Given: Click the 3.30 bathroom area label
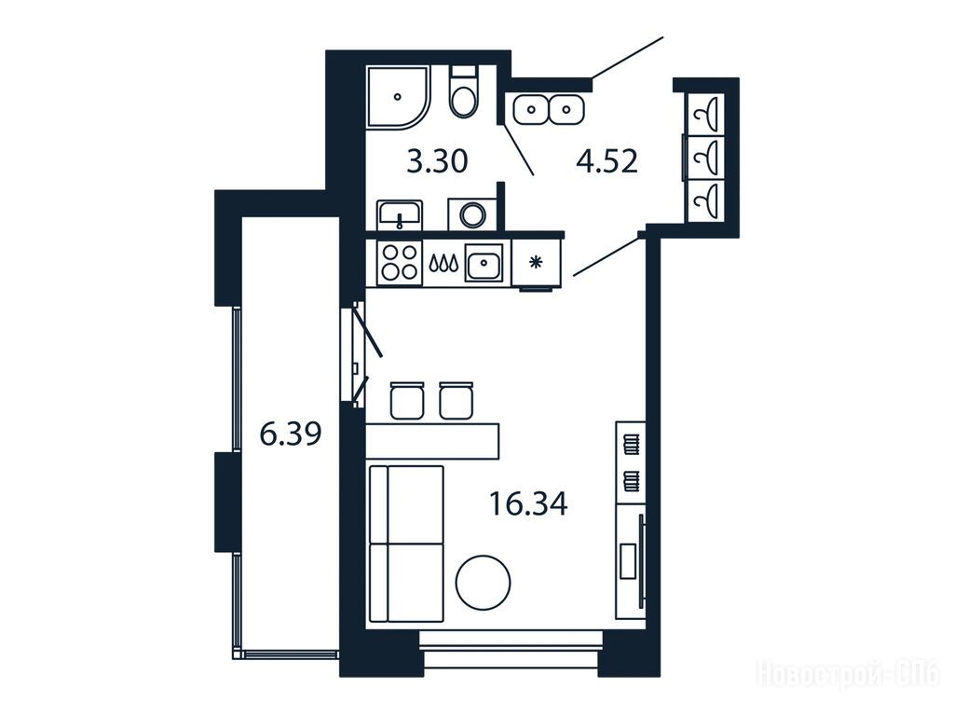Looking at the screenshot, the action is tap(437, 162).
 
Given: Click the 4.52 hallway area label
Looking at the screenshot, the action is tap(606, 162).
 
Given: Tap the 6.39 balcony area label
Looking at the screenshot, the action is tap(291, 434).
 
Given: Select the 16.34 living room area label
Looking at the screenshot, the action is tap(528, 504).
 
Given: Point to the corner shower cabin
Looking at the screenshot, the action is tap(399, 97).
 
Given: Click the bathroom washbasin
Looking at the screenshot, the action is tap(400, 215).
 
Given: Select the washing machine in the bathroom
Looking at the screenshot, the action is tap(472, 214).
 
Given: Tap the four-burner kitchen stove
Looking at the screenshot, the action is tap(399, 262).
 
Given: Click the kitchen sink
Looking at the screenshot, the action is tap(484, 263).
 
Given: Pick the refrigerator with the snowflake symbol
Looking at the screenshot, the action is tap(536, 262).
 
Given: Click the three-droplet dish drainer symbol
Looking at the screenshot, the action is tap(443, 263).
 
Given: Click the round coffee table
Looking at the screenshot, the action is tap(484, 582).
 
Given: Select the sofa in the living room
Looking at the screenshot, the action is tap(406, 544).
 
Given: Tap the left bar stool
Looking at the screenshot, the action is tap(407, 401).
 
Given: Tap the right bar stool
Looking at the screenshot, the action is tap(457, 401).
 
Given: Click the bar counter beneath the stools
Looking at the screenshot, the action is tap(432, 441).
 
